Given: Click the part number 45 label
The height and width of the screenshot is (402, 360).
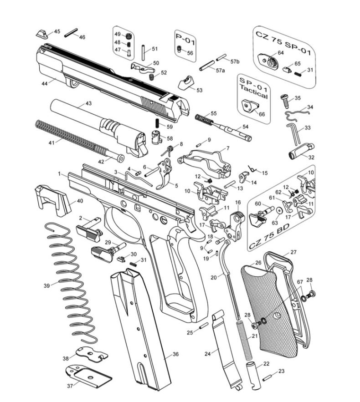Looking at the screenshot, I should pos(57,31).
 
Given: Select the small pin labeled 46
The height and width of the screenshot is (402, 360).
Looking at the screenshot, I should pos(72,33).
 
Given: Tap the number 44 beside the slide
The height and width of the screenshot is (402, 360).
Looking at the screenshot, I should pos(45,84).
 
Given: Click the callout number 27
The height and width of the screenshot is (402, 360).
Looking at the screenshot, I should pos(293,252).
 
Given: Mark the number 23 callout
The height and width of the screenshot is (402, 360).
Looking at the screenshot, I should pos(281,371).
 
